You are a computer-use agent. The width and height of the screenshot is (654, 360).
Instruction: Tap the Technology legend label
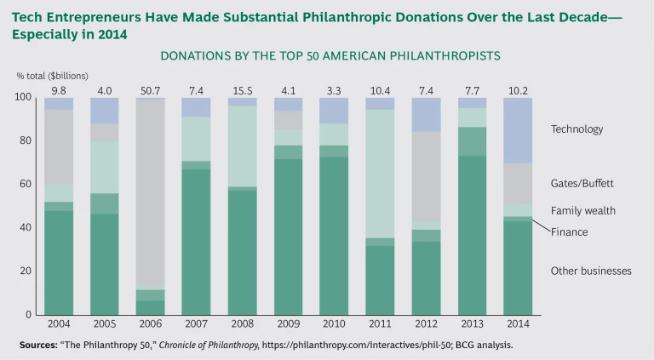[577, 129]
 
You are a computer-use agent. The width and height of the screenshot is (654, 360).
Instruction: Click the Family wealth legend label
[583, 210]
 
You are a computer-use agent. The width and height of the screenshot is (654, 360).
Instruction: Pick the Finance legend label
[570, 231]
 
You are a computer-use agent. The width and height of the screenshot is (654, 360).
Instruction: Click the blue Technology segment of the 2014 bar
[518, 130]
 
